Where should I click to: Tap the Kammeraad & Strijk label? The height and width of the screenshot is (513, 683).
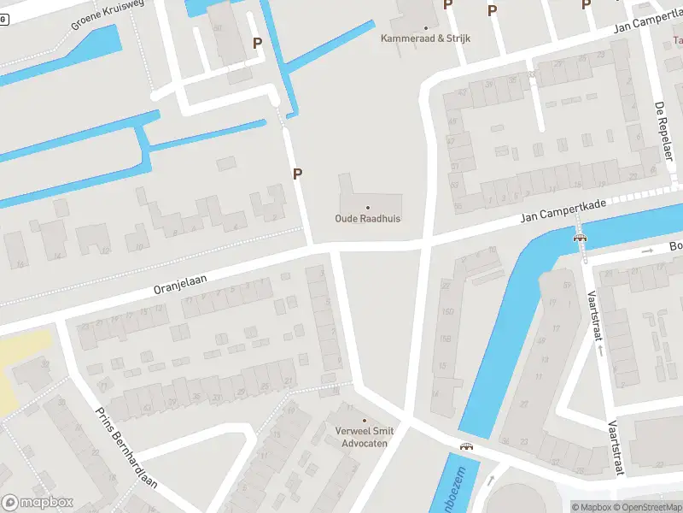(x=425, y=38)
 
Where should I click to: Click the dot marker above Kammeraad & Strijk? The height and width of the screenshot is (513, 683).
(x=425, y=27)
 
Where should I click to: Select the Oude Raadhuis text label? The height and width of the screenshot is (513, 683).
(x=367, y=219)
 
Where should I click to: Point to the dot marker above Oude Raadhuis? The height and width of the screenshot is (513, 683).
(x=368, y=207)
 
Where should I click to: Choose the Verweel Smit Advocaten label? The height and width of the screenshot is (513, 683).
(x=365, y=437)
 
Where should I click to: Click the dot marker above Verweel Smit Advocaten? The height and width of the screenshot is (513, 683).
(x=365, y=420)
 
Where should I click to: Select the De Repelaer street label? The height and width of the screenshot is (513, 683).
(x=661, y=125)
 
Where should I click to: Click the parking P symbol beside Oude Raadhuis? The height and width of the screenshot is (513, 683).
(x=298, y=174)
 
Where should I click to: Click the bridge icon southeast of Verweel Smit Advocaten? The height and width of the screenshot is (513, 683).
(x=466, y=446)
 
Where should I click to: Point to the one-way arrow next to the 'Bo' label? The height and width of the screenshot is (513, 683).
(x=646, y=251)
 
